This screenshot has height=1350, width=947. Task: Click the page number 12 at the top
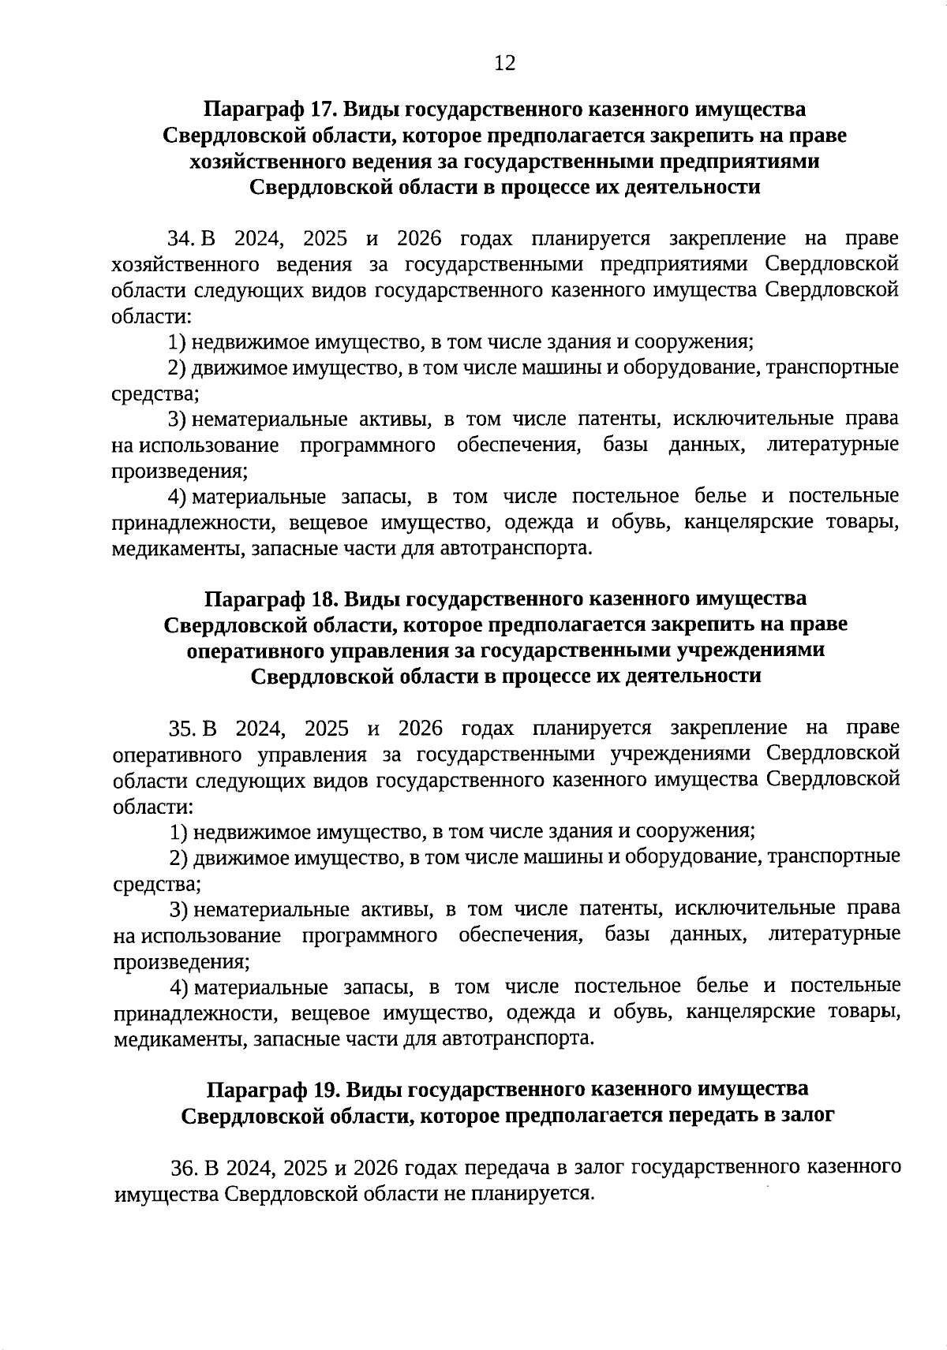(x=504, y=63)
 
